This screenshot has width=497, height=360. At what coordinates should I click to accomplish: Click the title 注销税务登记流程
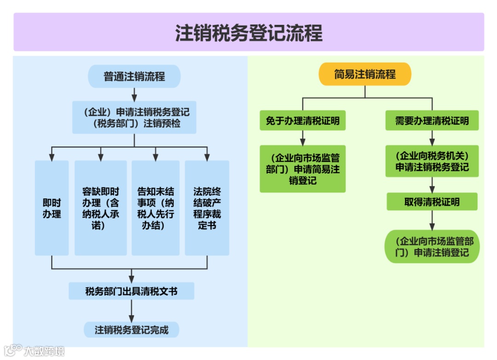click(x=248, y=33)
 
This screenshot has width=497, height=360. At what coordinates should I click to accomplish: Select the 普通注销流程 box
click(x=134, y=76)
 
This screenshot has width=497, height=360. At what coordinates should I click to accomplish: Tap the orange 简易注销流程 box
click(x=364, y=74)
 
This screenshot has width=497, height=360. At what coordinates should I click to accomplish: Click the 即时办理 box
click(x=52, y=208)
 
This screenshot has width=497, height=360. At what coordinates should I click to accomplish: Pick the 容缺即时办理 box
click(x=101, y=208)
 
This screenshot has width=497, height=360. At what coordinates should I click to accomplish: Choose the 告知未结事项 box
click(x=156, y=208)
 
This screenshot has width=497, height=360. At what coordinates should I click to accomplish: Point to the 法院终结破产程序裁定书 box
click(x=207, y=208)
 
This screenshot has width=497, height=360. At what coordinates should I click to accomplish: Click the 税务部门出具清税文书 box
click(x=132, y=291)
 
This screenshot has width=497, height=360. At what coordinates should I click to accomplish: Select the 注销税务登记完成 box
click(x=132, y=330)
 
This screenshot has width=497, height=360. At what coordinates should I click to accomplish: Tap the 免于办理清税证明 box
click(x=302, y=121)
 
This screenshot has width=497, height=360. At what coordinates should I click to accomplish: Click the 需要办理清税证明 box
click(x=432, y=121)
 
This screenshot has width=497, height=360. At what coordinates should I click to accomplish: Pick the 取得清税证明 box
click(x=432, y=202)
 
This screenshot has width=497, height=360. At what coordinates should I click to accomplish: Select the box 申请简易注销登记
click(x=302, y=169)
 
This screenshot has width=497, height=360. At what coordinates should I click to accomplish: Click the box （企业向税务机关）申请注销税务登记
click(x=432, y=161)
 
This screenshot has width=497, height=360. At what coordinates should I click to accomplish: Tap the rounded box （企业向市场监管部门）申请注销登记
click(x=432, y=247)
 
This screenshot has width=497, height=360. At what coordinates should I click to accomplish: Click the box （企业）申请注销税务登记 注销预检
click(x=134, y=117)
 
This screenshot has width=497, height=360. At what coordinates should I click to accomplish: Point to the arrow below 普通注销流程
click(x=134, y=94)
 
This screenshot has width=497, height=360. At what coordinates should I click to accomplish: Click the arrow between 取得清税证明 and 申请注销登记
click(x=432, y=221)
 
